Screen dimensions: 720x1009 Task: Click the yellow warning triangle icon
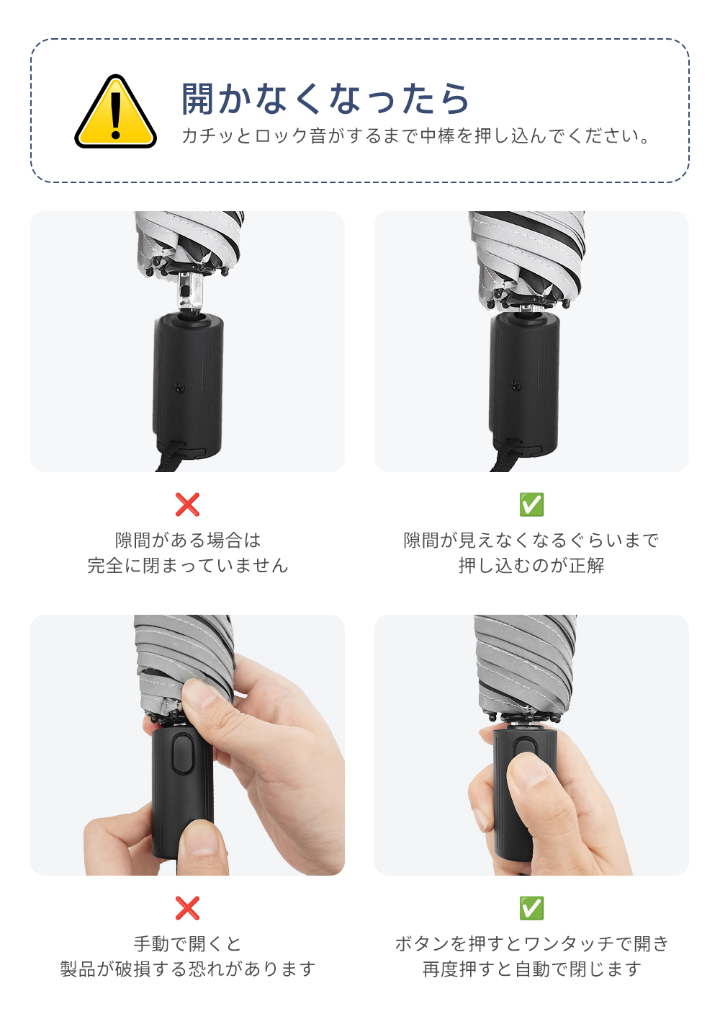point(116,112)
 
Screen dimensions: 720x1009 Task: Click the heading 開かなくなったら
point(325,99)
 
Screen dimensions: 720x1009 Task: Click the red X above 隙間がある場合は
point(187,504)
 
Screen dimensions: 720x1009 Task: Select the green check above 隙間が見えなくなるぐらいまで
point(531,504)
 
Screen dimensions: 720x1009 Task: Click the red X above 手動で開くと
point(187,908)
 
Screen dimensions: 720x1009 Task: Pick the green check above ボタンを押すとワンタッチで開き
point(531,908)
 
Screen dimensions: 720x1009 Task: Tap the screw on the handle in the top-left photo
point(179,386)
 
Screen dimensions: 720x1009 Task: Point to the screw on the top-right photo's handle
point(516,385)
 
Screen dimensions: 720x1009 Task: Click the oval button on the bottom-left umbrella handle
point(183,754)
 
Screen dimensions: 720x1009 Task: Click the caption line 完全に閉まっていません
point(188,565)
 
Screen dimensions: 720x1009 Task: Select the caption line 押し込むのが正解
point(531,565)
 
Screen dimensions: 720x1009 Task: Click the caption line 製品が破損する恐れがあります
point(188,969)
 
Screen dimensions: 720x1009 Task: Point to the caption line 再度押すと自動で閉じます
point(531,969)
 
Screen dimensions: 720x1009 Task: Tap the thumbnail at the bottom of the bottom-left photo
point(202,849)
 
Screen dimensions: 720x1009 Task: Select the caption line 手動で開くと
point(188,943)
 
